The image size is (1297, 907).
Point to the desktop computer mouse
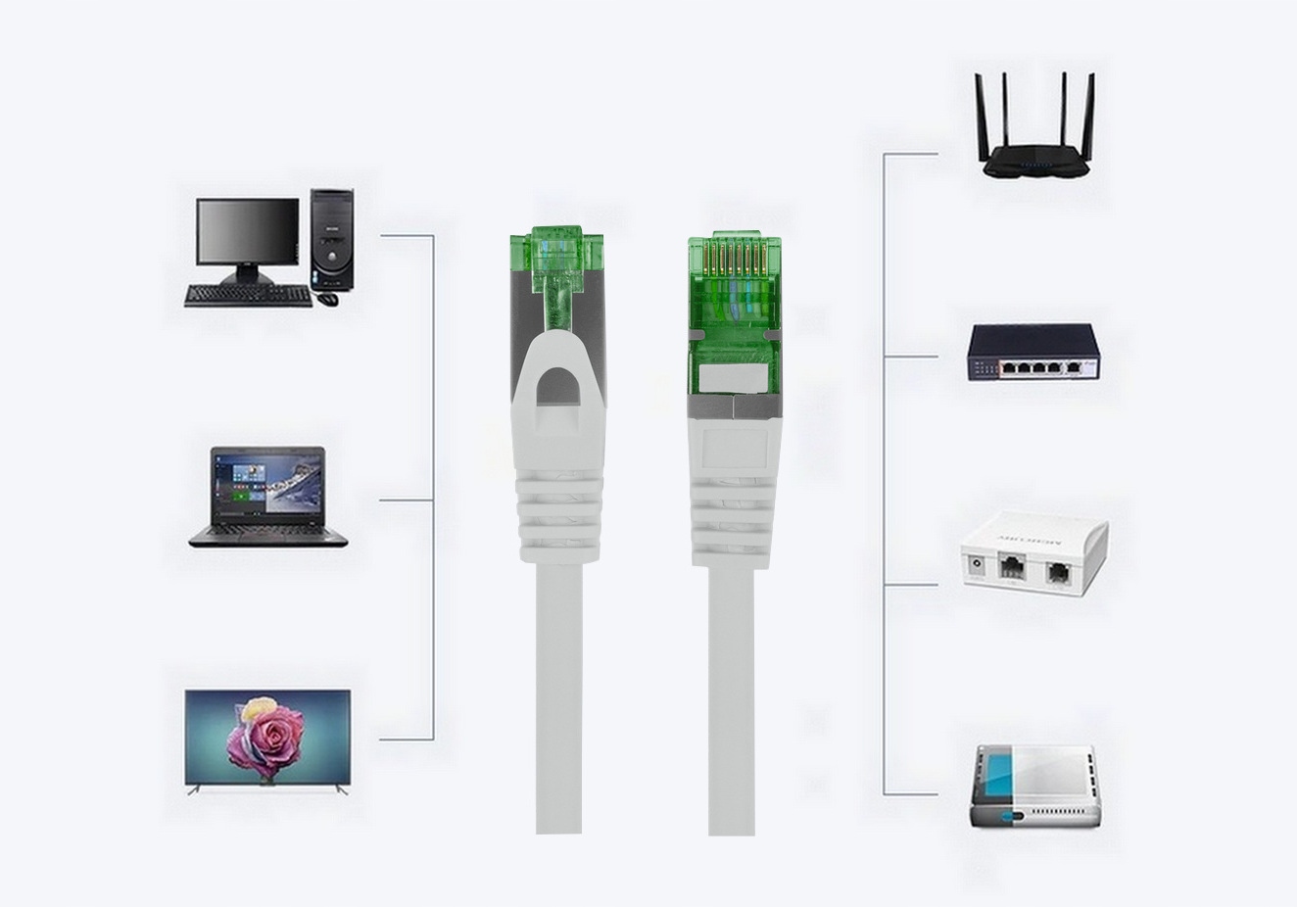328,298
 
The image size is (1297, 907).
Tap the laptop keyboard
267,531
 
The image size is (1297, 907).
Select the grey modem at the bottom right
1034,788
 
